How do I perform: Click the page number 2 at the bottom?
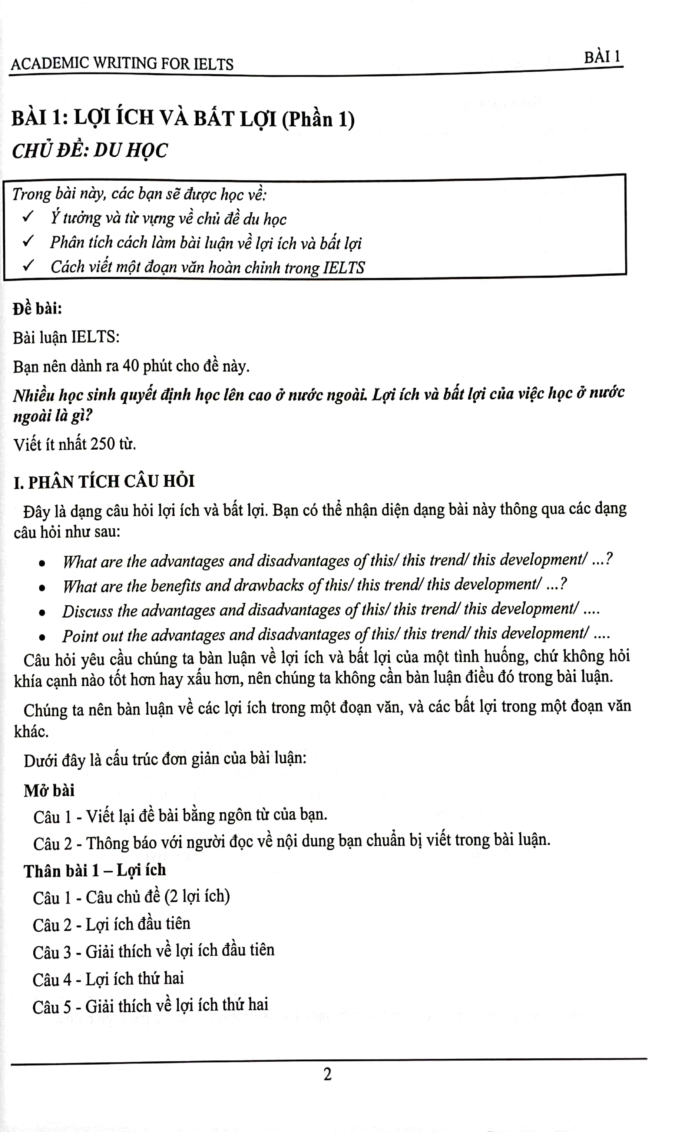click(327, 1075)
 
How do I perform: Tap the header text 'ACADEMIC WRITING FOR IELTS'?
click(122, 63)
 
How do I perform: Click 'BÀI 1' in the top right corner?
click(602, 57)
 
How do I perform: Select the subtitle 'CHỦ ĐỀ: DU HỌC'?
click(90, 151)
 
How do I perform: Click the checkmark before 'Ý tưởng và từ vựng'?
click(28, 216)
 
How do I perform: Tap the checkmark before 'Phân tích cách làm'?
click(28, 241)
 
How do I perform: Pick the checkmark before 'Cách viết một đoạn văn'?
click(28, 265)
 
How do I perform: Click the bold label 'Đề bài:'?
click(37, 309)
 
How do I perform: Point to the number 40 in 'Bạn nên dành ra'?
click(130, 366)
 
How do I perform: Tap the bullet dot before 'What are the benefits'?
click(42, 587)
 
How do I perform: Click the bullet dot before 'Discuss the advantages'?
click(42, 612)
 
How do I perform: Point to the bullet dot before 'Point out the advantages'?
click(42, 637)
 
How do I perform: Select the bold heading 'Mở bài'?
click(49, 790)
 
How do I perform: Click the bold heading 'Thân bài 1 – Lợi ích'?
click(95, 870)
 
